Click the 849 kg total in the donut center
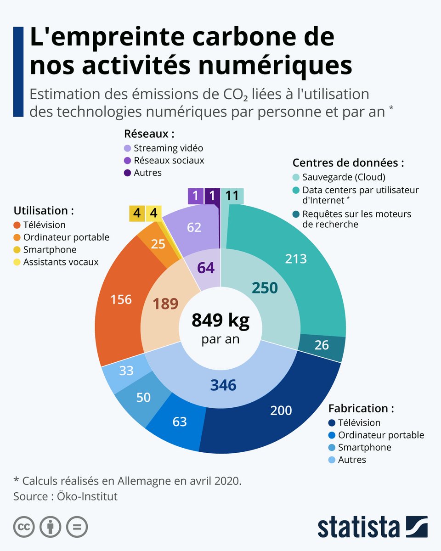pos(220,320)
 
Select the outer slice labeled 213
pos(295,259)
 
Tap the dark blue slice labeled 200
pos(281,410)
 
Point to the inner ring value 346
pos(223,385)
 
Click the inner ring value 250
pos(265,288)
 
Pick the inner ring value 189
pos(165,304)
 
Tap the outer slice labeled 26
pos(322,344)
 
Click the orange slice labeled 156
pos(121,300)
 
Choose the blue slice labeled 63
pos(179,421)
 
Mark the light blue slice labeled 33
pos(126,370)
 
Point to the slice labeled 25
pos(158,244)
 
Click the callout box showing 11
pos(232,196)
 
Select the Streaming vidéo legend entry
pos(164,148)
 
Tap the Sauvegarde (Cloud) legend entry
pos(339,177)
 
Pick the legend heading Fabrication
pos(361,408)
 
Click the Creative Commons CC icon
pos(24,527)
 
